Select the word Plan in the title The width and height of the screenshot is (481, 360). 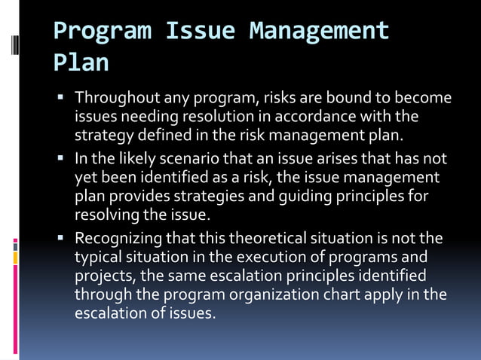[x=81, y=63]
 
